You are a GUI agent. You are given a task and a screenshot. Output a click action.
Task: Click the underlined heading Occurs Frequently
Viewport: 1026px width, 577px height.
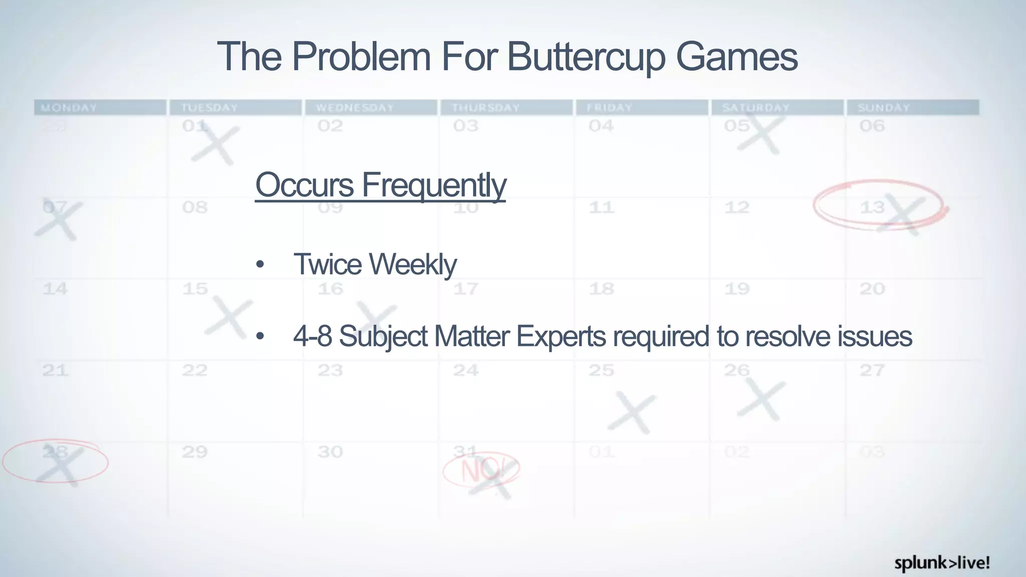[x=380, y=185]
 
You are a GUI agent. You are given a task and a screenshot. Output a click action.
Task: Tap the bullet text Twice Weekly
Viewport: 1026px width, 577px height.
[x=374, y=264]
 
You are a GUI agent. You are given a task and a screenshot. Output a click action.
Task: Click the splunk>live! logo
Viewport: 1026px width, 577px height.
[x=942, y=563]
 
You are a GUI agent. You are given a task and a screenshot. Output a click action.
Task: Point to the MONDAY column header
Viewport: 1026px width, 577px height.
[x=69, y=108]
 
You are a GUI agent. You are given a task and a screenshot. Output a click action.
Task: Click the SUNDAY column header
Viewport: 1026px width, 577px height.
[x=883, y=108]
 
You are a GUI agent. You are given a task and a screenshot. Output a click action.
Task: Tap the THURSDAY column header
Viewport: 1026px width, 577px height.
[x=485, y=108]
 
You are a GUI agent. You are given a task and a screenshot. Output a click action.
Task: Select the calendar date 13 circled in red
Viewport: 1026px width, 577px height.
[x=872, y=207]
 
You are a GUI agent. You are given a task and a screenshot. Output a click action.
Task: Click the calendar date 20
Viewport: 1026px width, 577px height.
[x=872, y=289]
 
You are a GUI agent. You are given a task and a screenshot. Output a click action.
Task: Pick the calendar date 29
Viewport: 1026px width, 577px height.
[x=194, y=452]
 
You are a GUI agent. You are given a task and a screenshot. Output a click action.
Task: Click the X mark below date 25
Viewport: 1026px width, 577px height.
[x=632, y=412]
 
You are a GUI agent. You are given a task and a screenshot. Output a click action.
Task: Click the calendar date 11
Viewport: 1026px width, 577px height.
[x=601, y=207]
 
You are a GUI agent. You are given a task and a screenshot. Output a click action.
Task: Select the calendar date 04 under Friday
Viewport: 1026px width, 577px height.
[x=601, y=126]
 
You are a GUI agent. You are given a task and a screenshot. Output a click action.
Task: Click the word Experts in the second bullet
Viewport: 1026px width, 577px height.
[x=561, y=336]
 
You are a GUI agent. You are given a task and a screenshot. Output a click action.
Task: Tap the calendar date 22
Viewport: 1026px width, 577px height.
[x=194, y=371]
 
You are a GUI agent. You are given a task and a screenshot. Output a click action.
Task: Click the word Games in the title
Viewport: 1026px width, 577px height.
[x=736, y=57]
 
